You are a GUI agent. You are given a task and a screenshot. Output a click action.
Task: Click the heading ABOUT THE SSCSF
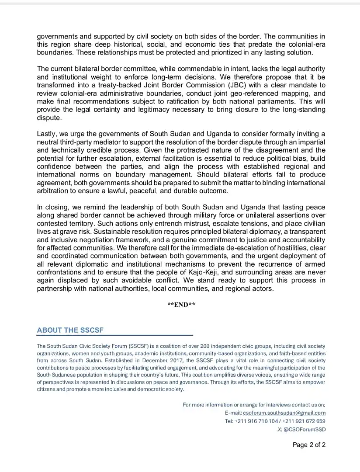70,330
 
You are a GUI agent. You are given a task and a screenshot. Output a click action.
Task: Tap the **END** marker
181,305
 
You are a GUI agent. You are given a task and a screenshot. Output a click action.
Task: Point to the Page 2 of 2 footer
309,445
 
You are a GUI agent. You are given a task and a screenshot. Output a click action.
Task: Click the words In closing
55,207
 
